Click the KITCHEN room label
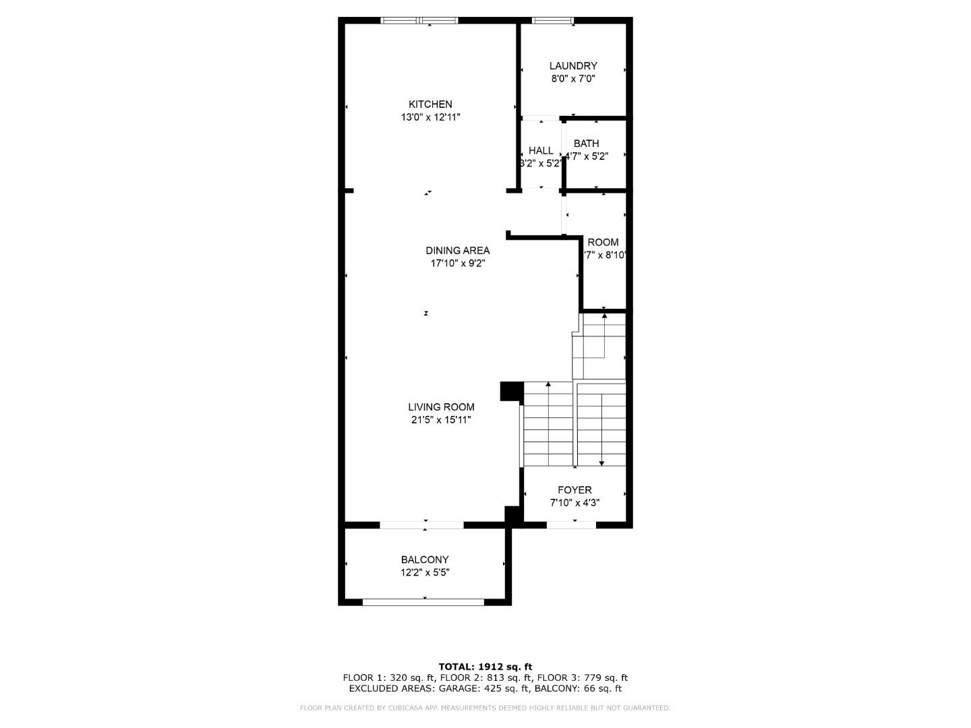pos(430,104)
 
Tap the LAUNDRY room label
pos(573,66)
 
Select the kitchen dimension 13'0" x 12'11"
pos(430,117)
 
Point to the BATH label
pos(586,144)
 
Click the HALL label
pos(541,151)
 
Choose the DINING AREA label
pos(457,251)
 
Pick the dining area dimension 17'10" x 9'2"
pos(457,264)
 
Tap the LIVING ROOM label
pos(441,407)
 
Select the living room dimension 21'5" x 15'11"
pos(441,420)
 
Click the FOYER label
pos(575,490)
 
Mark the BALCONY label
pos(425,559)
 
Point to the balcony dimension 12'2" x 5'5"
pos(425,573)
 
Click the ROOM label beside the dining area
pos(603,243)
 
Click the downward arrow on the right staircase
pos(601,462)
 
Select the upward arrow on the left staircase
pos(548,385)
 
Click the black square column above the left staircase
pos(511,391)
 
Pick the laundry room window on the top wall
pos(553,20)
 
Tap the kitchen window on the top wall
pos(419,20)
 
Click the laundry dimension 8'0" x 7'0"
pos(573,79)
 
